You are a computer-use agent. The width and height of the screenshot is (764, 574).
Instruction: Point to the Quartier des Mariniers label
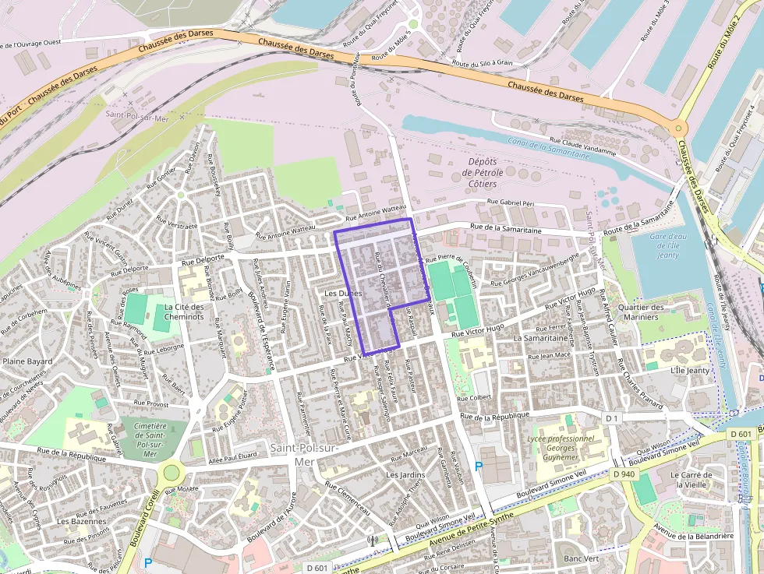point(642,312)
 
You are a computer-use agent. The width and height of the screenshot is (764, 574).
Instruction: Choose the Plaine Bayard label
point(27,361)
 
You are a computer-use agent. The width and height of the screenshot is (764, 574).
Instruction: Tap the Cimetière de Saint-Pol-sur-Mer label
point(150,439)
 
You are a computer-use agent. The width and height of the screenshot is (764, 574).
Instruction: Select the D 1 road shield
point(612,418)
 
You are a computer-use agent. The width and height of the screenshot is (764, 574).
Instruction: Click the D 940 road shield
point(624,474)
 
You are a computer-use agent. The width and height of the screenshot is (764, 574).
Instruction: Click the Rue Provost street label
point(150,403)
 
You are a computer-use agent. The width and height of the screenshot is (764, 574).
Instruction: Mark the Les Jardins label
point(405,474)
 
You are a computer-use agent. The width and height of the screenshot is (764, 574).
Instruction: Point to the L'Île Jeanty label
point(690,370)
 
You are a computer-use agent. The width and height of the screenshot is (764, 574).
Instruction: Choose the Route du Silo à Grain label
point(483,62)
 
